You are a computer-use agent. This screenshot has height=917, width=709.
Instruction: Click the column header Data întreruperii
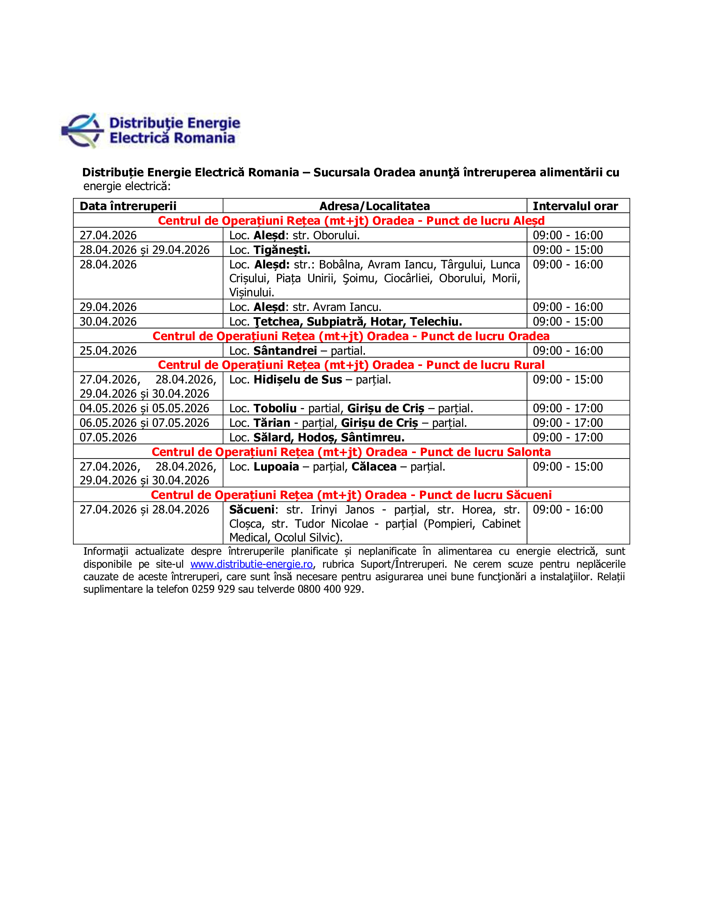128,206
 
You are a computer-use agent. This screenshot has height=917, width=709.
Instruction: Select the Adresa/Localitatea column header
374,206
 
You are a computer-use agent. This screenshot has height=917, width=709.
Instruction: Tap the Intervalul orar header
575,206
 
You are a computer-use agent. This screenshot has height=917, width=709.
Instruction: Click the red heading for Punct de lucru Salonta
351,452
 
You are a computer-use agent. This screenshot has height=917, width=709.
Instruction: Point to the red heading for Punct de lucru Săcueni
351,495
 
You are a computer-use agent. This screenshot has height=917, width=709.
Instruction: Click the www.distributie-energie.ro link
251,564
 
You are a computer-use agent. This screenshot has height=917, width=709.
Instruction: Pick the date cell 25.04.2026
108,351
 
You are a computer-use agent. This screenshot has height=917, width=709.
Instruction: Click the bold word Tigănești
282,250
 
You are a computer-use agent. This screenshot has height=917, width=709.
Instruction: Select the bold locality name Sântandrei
285,351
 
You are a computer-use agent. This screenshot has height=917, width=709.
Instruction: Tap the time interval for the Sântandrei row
568,351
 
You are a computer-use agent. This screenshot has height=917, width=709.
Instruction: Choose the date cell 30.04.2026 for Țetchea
108,322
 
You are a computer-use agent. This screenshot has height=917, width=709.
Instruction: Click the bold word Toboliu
275,408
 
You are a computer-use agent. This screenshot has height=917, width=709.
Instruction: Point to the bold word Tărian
272,423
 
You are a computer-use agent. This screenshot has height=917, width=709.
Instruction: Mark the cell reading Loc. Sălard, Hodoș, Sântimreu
317,438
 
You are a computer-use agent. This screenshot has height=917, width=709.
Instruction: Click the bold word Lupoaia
277,466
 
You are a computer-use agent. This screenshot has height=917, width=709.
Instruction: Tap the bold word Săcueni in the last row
251,510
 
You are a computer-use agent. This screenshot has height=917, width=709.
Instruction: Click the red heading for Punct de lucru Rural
351,365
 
